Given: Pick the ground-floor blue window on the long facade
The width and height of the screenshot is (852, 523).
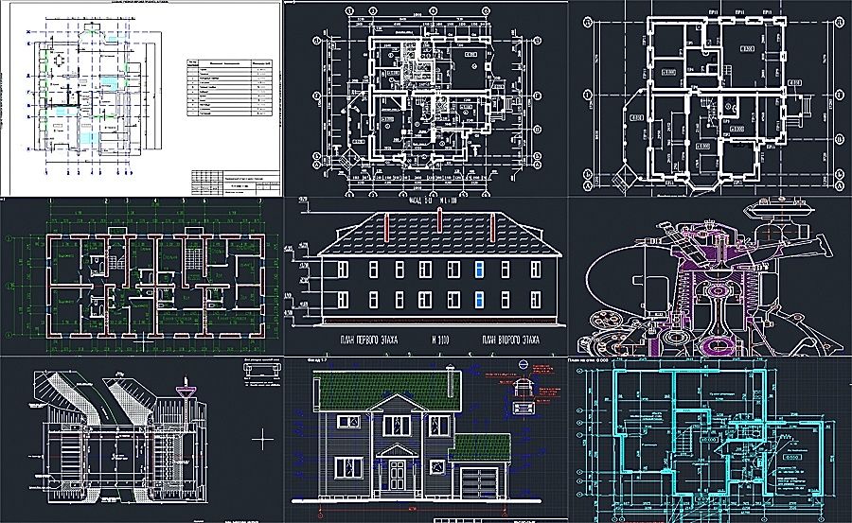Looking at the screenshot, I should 481,303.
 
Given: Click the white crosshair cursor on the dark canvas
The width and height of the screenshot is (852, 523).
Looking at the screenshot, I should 264,437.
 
